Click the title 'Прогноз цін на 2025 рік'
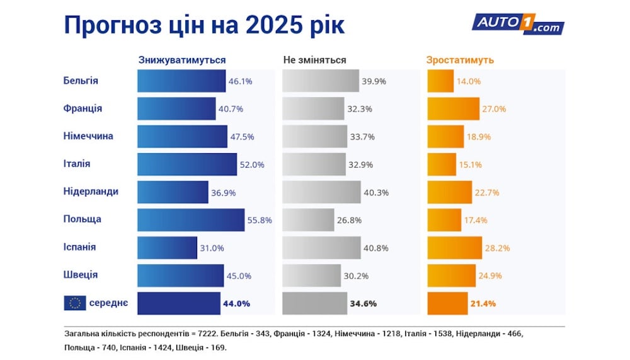204,25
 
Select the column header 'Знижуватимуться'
182,60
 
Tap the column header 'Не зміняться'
314,60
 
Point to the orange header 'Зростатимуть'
460,60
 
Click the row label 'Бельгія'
81,81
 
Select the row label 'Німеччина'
88,136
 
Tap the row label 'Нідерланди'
91,191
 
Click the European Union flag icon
74,303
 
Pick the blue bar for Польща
190,219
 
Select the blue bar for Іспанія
167,247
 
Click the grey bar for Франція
312,108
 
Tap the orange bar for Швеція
451,275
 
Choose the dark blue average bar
179,303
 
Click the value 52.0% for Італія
251,165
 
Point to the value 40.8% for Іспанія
375,248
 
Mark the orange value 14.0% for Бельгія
469,81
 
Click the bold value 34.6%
364,303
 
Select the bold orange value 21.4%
483,303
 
